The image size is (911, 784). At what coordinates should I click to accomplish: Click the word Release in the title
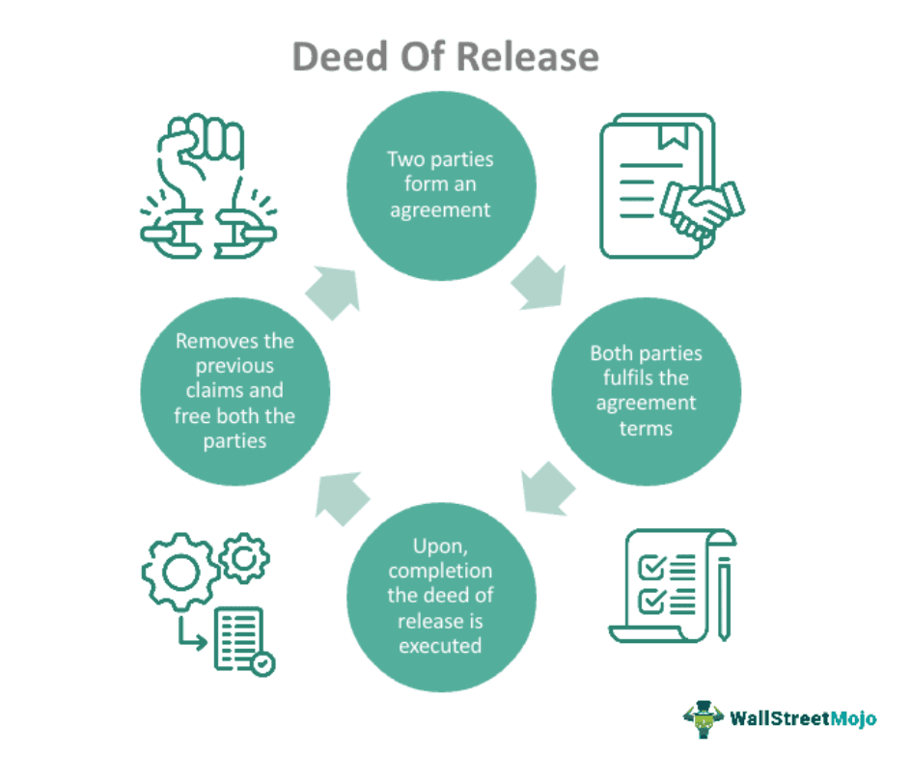[x=528, y=58]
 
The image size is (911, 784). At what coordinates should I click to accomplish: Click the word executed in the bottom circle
[x=439, y=644]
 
